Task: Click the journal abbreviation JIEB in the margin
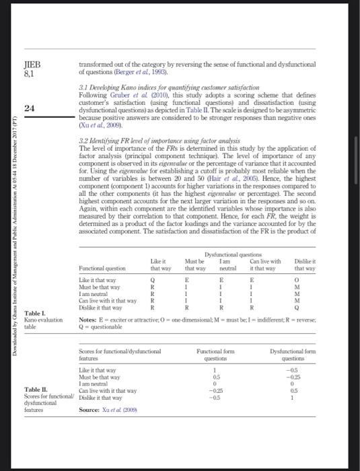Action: pyautogui.click(x=32, y=65)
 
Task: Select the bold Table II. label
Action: pyautogui.click(x=34, y=389)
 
